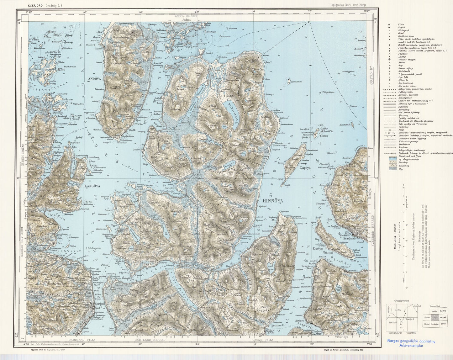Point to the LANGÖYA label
point(92,186)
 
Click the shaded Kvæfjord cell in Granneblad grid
point(434,317)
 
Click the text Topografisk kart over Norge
point(348,5)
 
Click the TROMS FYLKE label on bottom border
point(263,340)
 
